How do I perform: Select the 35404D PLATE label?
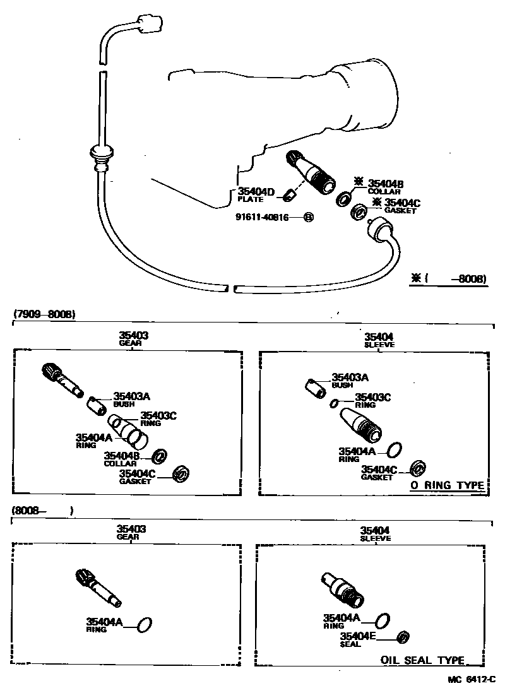pos(256,194)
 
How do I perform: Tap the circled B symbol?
pos(309,217)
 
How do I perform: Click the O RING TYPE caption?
pos(448,485)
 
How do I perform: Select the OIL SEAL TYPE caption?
pos(422,660)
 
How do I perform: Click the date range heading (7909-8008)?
pos(43,314)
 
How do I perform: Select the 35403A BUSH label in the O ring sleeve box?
pos(350,380)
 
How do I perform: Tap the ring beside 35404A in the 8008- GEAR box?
pos(145,625)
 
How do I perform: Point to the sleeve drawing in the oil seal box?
pos(342,589)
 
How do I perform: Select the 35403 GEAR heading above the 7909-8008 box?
pos(133,340)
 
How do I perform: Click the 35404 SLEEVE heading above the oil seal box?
pos(375,534)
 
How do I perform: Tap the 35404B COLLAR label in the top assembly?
pos(385,187)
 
